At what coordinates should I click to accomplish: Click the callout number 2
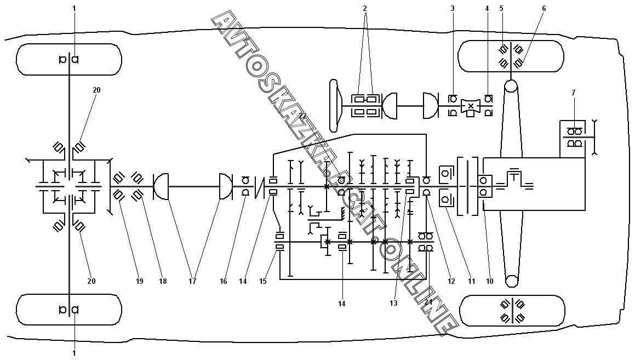[x=364, y=8]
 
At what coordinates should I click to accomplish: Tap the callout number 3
[x=453, y=8]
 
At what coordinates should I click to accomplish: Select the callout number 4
[x=487, y=8]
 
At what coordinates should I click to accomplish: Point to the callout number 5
[x=501, y=8]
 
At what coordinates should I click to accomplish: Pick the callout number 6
[x=544, y=8]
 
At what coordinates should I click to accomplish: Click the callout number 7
[x=574, y=93]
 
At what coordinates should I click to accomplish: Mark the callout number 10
[x=489, y=281]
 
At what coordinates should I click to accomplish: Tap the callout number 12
[x=451, y=281]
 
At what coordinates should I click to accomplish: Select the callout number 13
[x=394, y=303]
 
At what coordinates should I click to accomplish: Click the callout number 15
[x=263, y=281]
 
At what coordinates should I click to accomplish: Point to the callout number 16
[x=223, y=281]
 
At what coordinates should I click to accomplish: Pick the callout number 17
[x=192, y=281]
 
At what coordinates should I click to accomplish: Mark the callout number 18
[x=163, y=281]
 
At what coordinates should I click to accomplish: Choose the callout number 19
[x=139, y=281]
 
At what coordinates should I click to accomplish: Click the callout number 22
[x=302, y=116]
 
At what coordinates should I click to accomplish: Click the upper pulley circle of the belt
[x=511, y=87]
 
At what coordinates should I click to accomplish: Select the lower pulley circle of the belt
[x=511, y=281]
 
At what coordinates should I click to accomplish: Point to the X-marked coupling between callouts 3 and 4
[x=471, y=106]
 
